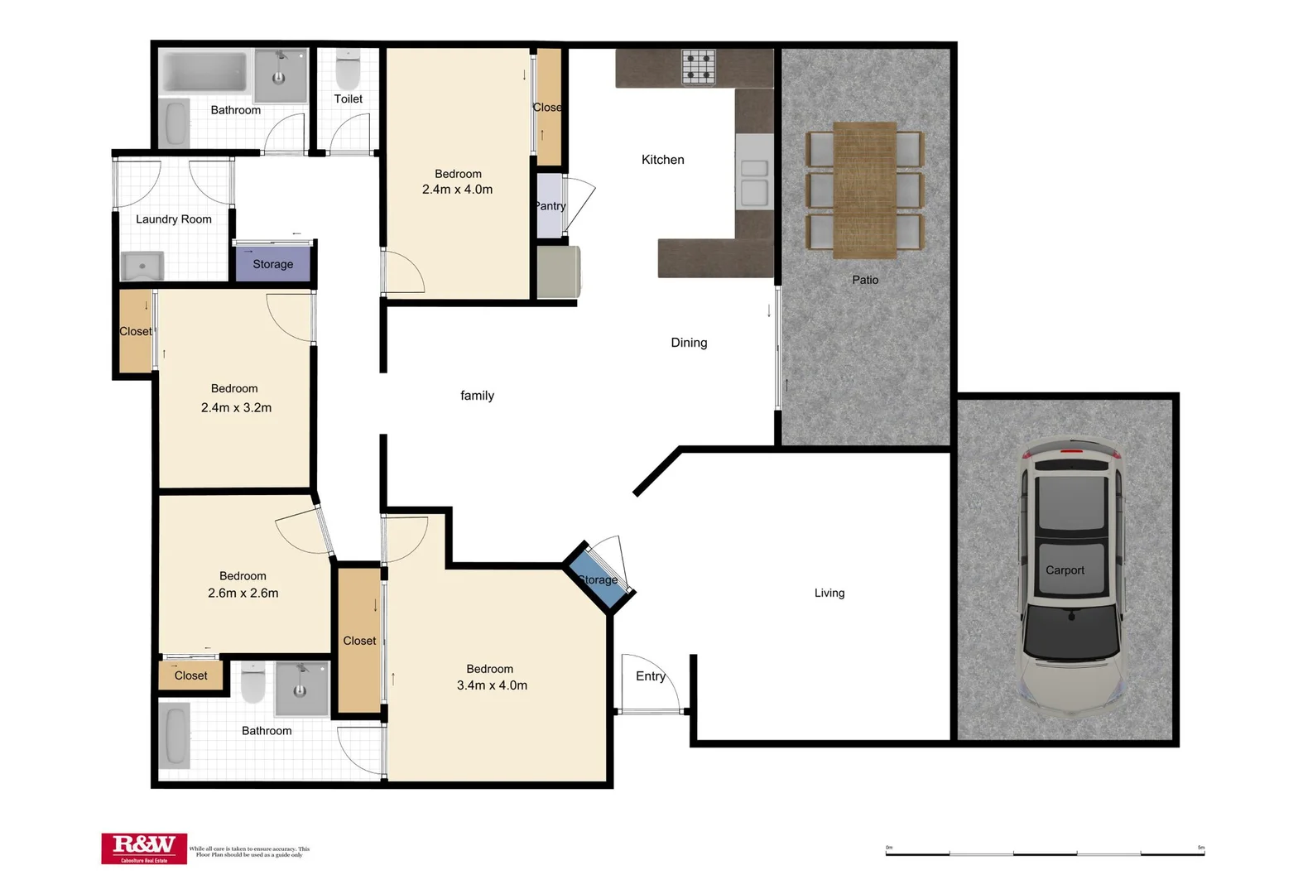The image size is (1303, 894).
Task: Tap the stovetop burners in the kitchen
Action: click(x=698, y=67)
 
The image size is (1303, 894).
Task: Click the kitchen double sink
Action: click(x=753, y=181)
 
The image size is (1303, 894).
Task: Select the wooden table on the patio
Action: click(x=864, y=190)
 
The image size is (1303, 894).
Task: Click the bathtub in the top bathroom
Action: click(x=204, y=73)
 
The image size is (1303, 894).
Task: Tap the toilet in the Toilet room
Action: click(x=349, y=71)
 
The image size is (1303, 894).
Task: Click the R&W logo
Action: click(x=144, y=848)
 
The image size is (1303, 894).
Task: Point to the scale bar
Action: click(x=1045, y=852)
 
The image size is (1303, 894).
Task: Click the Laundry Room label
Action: click(x=174, y=219)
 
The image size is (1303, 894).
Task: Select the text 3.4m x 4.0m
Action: click(x=492, y=685)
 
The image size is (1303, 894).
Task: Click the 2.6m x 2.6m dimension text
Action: click(x=243, y=594)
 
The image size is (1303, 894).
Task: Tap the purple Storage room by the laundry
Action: click(x=273, y=264)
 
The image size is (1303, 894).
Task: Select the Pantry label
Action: click(x=550, y=206)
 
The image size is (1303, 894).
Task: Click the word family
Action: click(x=477, y=396)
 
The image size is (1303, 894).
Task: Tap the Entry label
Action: click(x=650, y=676)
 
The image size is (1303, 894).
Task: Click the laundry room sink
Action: click(x=142, y=267)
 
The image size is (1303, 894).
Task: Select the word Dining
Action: click(x=689, y=343)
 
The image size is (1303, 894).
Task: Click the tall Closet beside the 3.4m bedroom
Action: click(x=359, y=639)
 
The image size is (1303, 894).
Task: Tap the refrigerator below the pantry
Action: click(x=558, y=272)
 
